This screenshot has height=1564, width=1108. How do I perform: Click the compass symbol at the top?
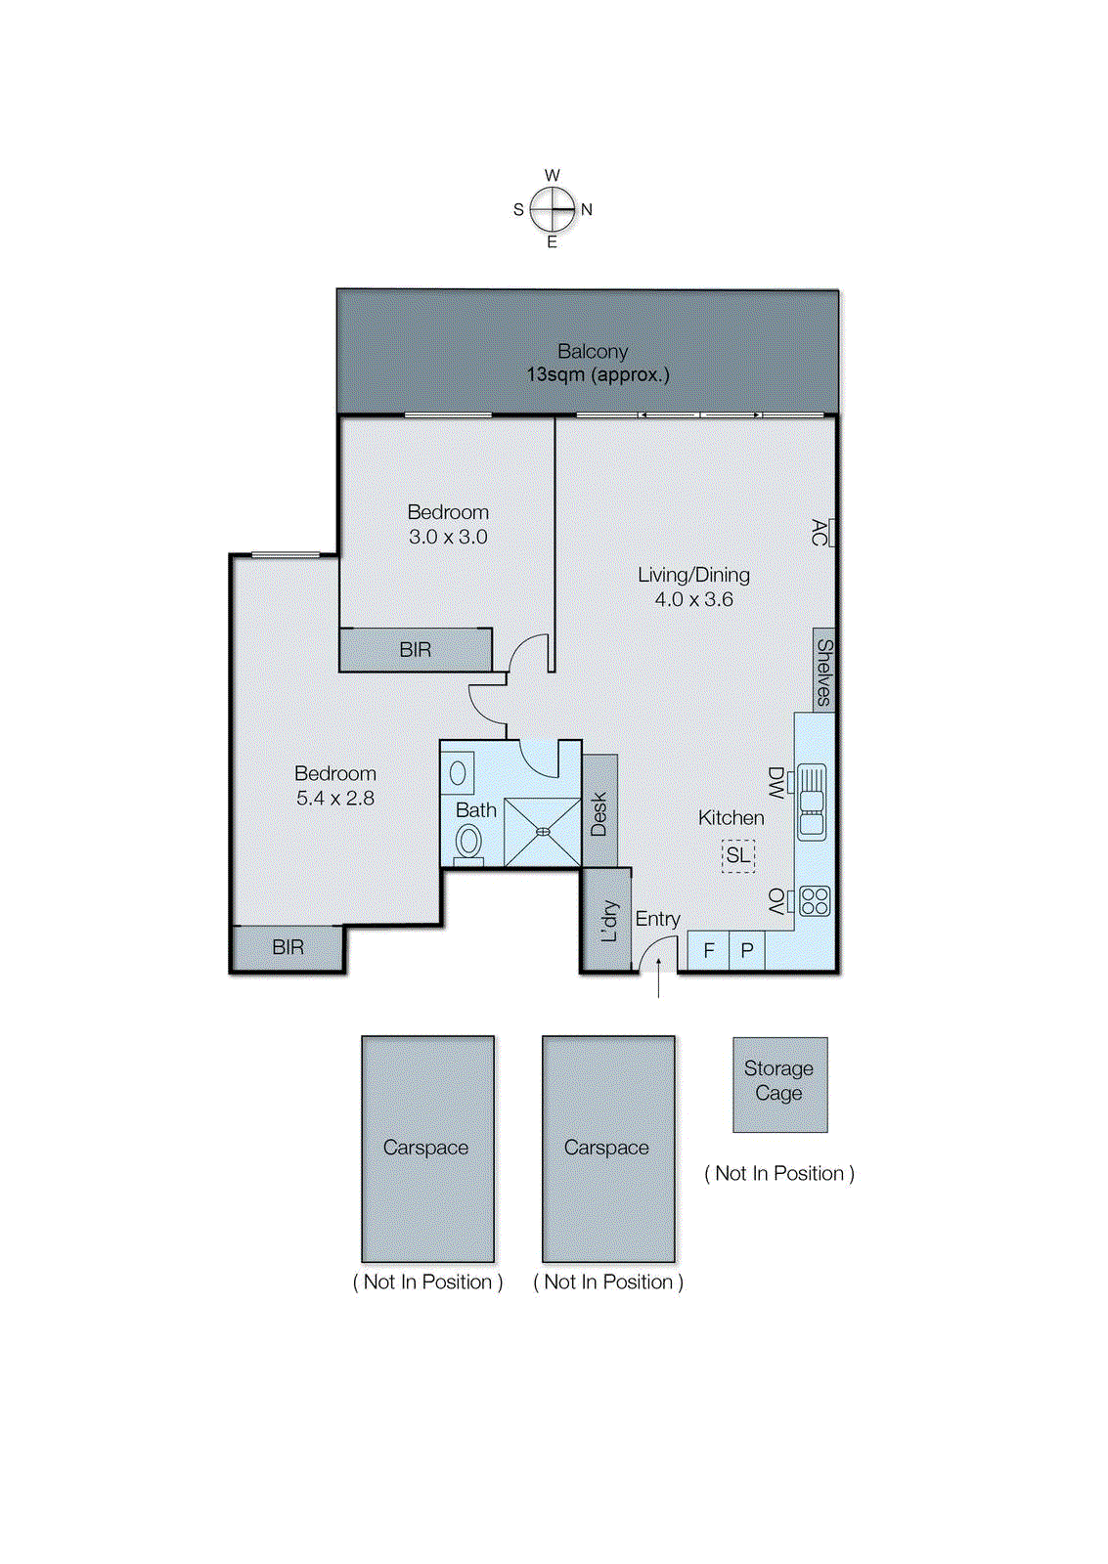click(x=553, y=208)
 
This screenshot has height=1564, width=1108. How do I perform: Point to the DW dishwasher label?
click(x=776, y=782)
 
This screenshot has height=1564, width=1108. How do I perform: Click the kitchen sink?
click(x=812, y=802)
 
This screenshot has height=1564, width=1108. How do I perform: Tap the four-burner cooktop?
click(x=815, y=900)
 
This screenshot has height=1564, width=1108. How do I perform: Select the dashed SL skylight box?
click(x=738, y=855)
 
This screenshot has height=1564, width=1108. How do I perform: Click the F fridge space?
click(x=708, y=950)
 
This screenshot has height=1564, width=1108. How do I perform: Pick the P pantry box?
click(x=747, y=950)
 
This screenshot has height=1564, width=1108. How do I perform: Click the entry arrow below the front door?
click(x=659, y=977)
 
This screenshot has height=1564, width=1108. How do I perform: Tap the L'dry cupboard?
click(x=607, y=920)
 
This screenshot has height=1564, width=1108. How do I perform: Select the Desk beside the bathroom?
click(x=599, y=812)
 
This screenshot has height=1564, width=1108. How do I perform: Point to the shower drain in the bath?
click(x=543, y=832)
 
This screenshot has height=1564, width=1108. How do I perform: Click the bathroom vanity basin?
click(x=458, y=773)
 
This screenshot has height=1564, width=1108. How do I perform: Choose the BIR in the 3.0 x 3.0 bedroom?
click(x=416, y=650)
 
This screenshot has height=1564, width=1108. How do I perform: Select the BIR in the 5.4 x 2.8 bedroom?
click(x=288, y=947)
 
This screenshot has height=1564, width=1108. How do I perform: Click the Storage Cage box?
click(x=779, y=1083)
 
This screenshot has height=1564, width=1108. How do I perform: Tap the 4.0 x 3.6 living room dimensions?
click(x=693, y=599)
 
